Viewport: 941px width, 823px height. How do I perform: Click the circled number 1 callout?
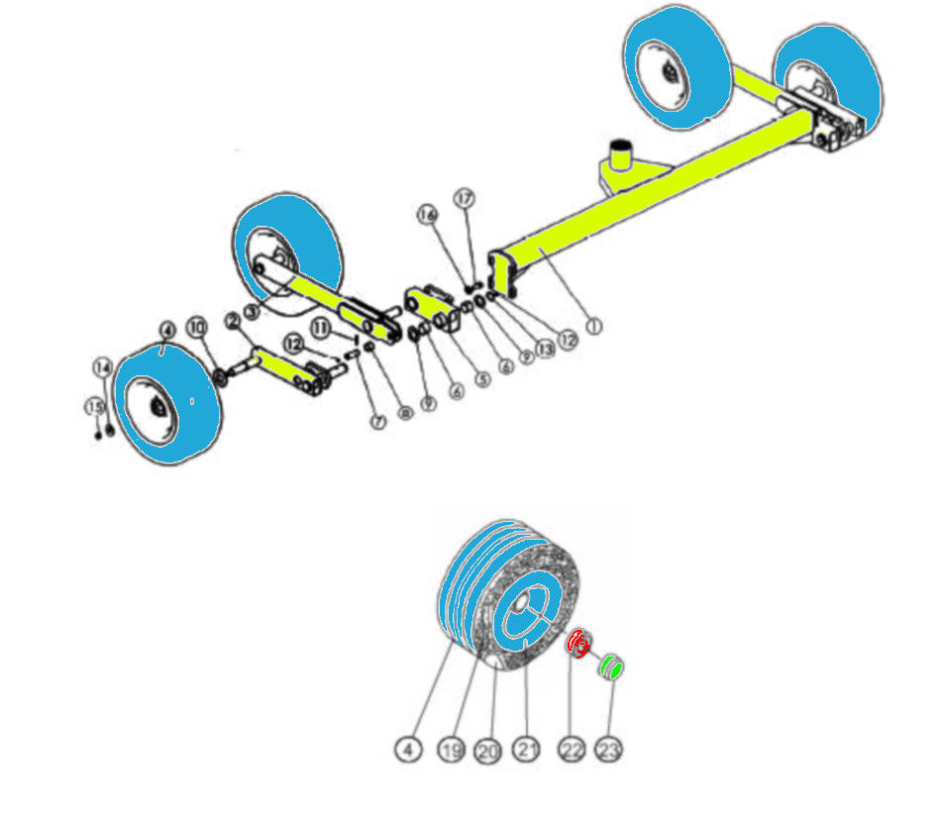(593, 326)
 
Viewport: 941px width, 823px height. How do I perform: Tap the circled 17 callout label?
(466, 198)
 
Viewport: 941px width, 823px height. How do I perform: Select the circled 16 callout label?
(427, 214)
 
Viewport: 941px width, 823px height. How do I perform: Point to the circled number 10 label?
(196, 326)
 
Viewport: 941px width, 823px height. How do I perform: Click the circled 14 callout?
(103, 366)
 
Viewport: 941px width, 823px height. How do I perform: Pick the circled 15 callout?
(94, 407)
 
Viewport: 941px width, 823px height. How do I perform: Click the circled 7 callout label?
(377, 422)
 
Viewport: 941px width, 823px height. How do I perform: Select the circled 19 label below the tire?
(452, 751)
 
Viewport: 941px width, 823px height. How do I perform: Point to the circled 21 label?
(527, 751)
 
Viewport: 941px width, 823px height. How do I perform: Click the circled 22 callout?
(572, 751)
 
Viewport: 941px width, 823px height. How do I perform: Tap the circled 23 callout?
(610, 751)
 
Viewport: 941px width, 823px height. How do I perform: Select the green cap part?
(612, 668)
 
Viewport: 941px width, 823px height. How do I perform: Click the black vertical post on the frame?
(621, 154)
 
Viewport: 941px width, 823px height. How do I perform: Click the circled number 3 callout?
(251, 311)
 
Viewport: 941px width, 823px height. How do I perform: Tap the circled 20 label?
(487, 751)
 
